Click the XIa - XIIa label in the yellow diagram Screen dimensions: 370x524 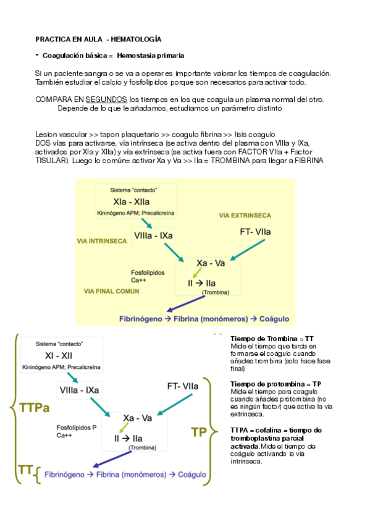coord(132,201)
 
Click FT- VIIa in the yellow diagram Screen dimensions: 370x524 coord(255,232)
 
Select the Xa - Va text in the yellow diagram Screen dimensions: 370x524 coord(211,263)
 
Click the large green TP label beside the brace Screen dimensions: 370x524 coord(199,431)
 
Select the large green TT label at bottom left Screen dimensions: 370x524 coord(25,472)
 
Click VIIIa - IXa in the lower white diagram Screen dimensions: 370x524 coord(79,390)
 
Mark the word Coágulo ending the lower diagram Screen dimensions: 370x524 coord(193,475)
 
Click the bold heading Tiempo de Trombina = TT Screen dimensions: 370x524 coord(272,339)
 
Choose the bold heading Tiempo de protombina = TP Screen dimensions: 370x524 coord(275,384)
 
